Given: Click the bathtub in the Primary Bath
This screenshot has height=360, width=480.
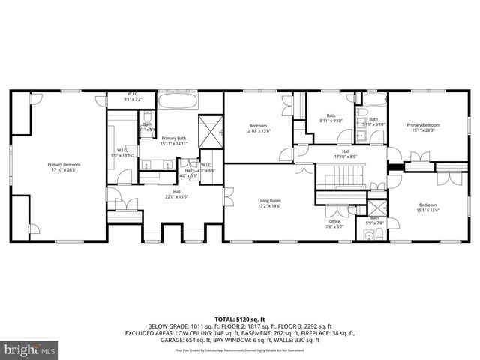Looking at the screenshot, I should (178, 101).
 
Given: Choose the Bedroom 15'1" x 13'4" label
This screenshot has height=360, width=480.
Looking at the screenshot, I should (427, 208).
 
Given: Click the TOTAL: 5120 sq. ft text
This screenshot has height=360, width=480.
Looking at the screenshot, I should (240, 319).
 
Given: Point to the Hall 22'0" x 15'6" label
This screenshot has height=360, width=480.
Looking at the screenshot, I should (177, 194).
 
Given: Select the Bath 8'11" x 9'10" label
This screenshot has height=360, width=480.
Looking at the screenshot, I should (331, 118).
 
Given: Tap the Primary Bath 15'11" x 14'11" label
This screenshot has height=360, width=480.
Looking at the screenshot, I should (174, 140).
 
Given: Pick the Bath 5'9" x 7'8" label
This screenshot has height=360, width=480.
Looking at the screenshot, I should (373, 220).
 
